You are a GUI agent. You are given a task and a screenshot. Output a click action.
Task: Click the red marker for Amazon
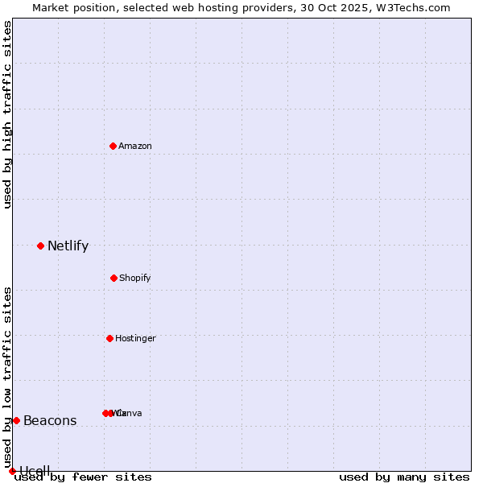click(113, 146)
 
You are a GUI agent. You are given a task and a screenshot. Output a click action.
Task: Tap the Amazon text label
click(135, 146)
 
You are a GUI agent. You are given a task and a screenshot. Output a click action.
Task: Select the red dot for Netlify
click(40, 246)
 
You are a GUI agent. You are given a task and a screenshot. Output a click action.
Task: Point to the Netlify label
click(68, 246)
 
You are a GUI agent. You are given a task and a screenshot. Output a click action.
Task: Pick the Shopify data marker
click(114, 278)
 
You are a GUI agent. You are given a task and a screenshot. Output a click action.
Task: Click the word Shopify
click(135, 278)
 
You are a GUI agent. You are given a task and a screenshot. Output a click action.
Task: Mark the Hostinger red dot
click(109, 338)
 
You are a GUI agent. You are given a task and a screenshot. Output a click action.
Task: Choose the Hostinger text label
click(135, 338)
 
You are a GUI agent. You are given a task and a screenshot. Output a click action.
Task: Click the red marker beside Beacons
click(16, 420)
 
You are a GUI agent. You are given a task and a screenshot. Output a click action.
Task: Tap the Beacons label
click(50, 420)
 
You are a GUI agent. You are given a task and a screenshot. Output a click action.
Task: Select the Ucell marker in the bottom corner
click(12, 471)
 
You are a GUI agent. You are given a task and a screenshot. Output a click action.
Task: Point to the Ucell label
click(35, 471)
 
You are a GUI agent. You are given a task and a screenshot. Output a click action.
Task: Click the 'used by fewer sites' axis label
click(83, 477)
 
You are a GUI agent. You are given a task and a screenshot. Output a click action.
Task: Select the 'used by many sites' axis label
click(404, 477)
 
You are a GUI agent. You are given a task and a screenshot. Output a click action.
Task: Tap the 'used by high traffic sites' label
click(7, 114)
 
